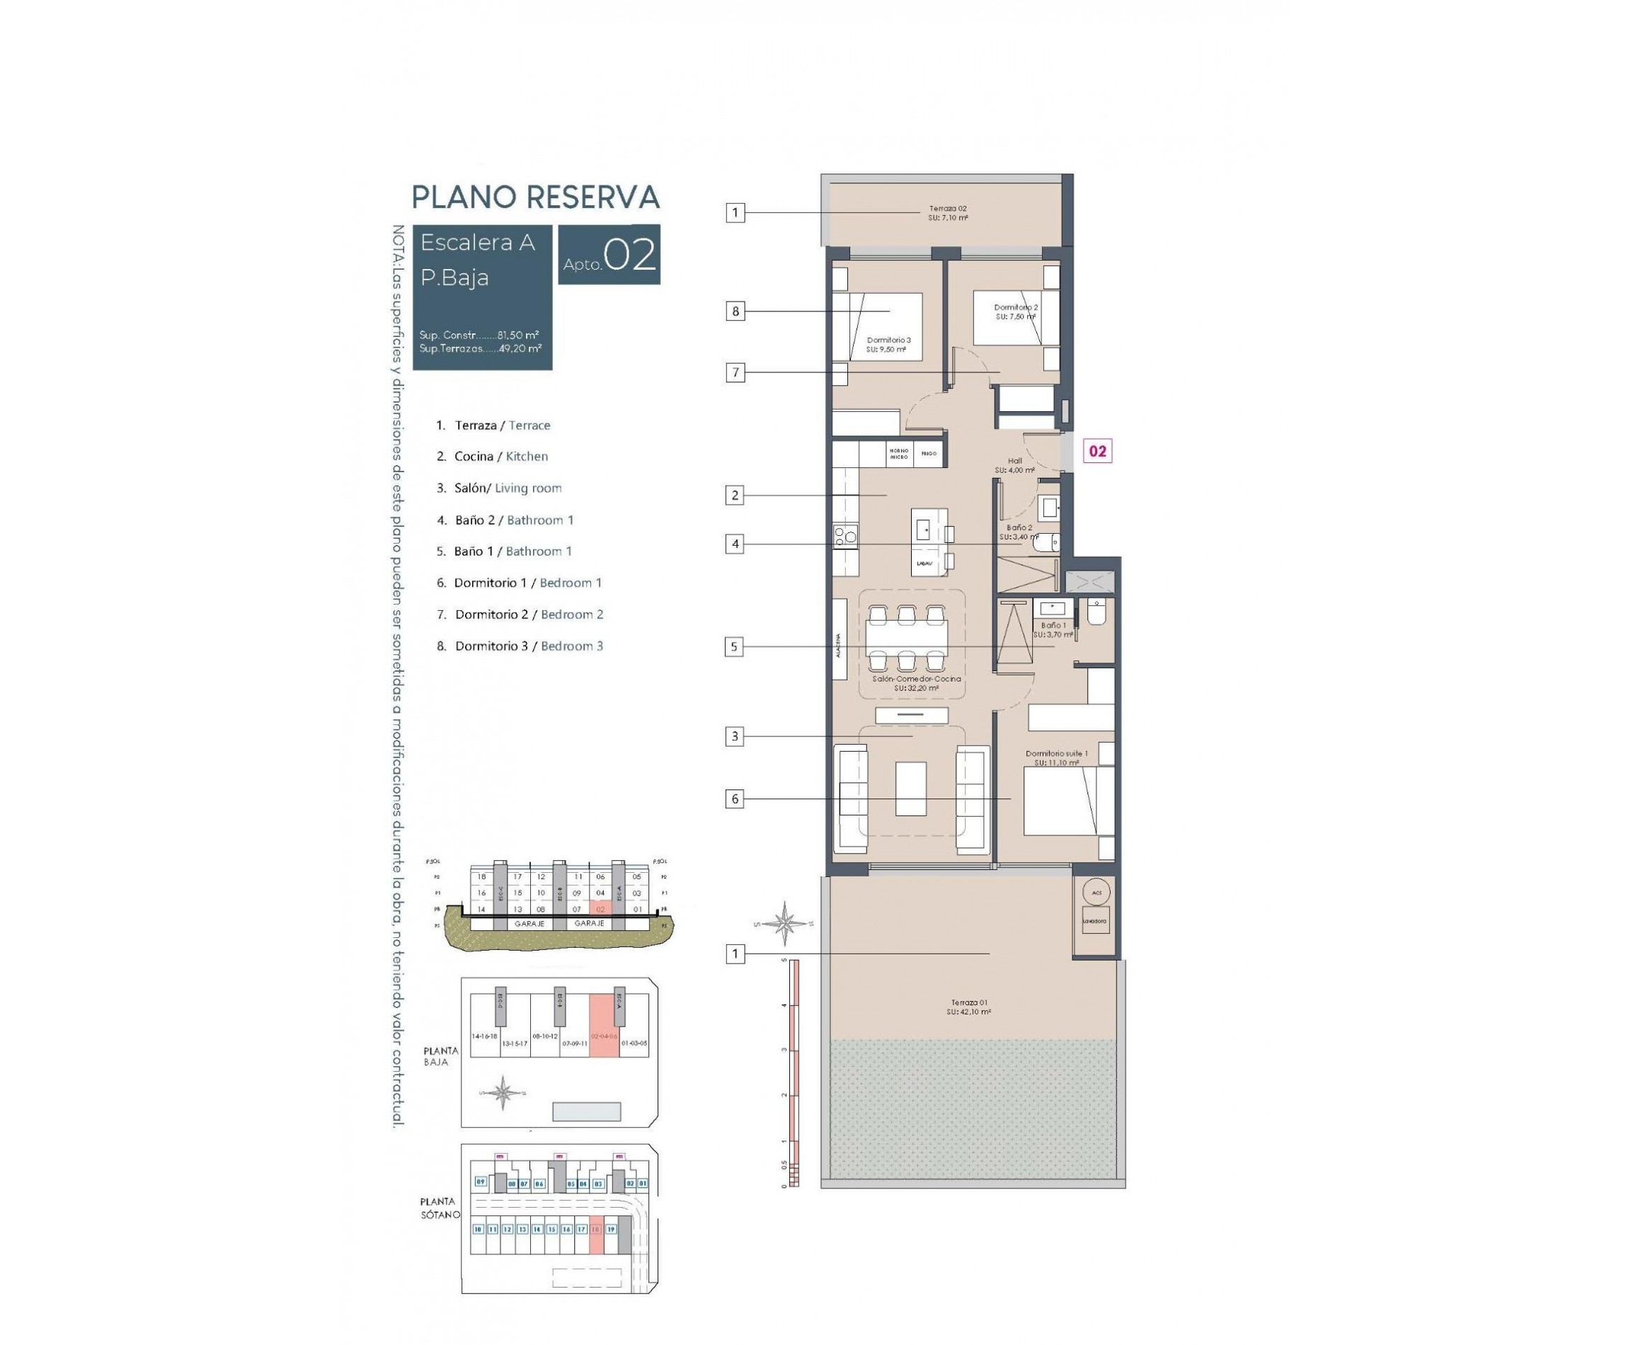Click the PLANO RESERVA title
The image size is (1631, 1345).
534,197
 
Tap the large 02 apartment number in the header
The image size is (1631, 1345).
629,255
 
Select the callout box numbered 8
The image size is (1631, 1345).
735,311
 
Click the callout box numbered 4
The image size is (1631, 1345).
735,544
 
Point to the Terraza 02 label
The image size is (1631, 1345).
948,213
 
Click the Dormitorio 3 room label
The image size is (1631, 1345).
888,344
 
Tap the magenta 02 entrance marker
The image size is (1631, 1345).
1097,451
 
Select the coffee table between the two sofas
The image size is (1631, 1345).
910,789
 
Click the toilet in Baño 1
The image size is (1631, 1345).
1097,612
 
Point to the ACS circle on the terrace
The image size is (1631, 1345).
1097,893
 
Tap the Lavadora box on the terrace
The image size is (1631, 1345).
1096,920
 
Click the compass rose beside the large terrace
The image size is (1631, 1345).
784,923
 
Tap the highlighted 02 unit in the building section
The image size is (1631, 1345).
600,909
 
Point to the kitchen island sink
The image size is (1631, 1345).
924,530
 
